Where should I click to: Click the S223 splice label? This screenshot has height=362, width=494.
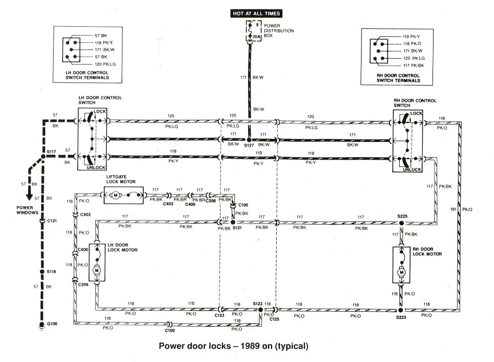coord(401,317)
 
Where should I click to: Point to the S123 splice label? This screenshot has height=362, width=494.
coord(257,304)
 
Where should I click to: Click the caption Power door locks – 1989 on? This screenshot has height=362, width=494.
coord(233,346)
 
